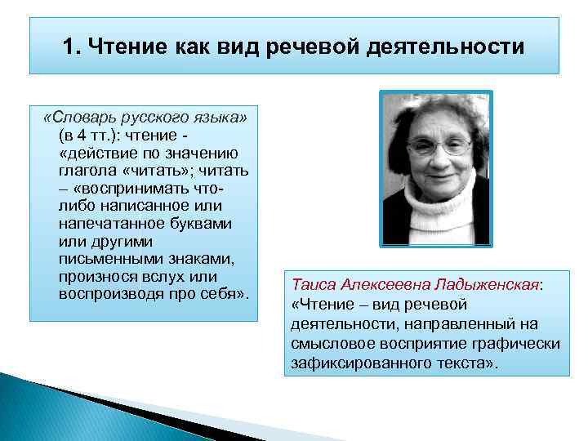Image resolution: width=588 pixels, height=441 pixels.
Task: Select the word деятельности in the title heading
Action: [449, 47]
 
